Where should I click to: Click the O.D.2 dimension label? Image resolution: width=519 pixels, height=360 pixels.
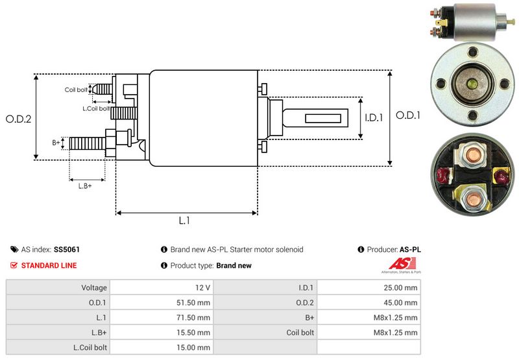click(x=18, y=119)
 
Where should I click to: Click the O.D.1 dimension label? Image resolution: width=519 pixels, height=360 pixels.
click(x=409, y=115)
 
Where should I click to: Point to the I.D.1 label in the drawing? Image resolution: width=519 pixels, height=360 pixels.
click(x=375, y=118)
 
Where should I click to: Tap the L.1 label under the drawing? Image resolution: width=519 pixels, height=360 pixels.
click(x=184, y=221)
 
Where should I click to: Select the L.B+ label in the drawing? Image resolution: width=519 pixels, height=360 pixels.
click(x=85, y=186)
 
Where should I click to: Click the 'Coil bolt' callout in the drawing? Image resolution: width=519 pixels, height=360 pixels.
click(x=76, y=90)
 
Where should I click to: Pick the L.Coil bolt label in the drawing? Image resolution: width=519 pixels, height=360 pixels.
click(x=95, y=108)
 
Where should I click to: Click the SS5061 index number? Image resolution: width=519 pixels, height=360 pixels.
click(x=67, y=249)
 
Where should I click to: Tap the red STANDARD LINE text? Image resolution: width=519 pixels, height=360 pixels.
click(x=49, y=265)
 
